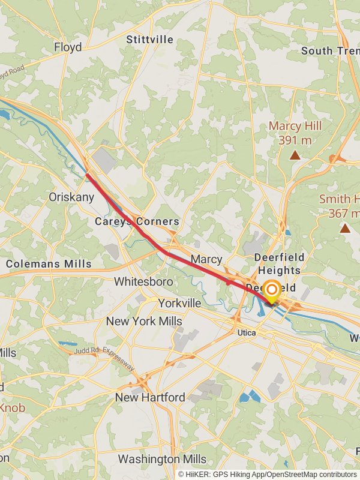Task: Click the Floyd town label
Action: (x=68, y=47)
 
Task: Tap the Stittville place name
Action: (x=149, y=40)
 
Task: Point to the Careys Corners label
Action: (x=137, y=221)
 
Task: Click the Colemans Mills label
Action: (x=49, y=263)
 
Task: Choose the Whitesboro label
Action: (x=143, y=281)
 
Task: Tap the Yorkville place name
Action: (x=179, y=303)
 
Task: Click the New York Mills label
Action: (x=144, y=321)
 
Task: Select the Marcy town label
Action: (x=206, y=259)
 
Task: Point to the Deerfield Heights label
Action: (x=280, y=263)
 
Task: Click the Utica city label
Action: (x=246, y=332)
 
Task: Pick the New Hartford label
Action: (x=150, y=397)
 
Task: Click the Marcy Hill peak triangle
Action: (x=295, y=155)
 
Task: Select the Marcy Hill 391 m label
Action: (x=295, y=133)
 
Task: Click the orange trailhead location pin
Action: (x=272, y=291)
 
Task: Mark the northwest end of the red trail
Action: (x=88, y=175)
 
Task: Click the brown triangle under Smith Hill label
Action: (x=344, y=228)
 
